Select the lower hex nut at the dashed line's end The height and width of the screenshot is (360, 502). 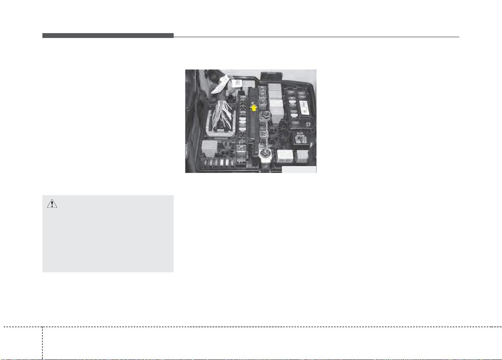click(265, 152)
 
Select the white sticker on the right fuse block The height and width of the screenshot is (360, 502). click(304, 106)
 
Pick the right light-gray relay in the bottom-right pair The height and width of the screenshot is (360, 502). click(303, 156)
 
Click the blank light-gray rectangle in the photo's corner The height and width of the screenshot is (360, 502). click(299, 169)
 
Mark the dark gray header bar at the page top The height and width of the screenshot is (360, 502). click(108, 36)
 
